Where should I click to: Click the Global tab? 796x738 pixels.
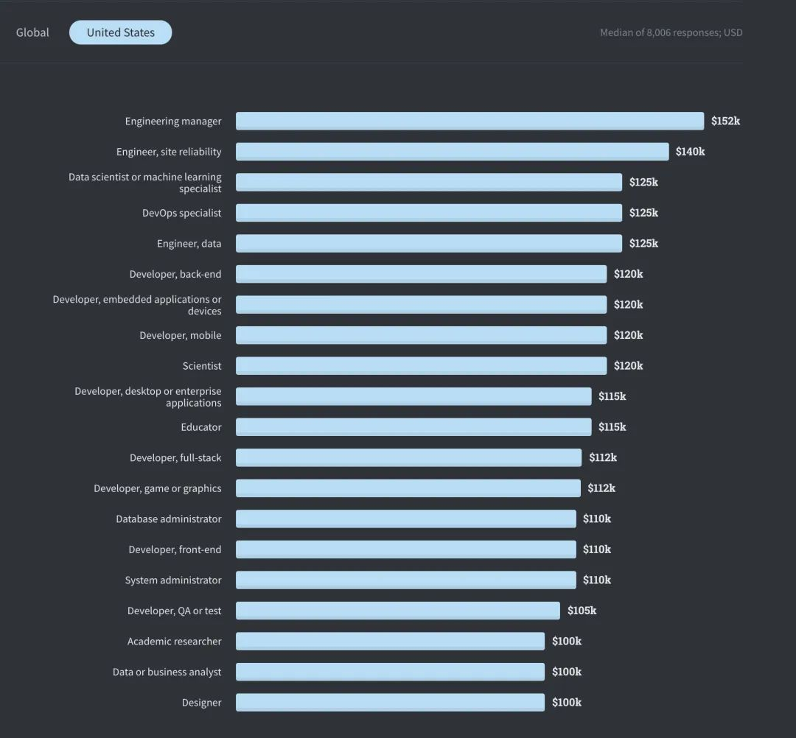tap(32, 32)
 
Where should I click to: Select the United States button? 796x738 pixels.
tap(120, 32)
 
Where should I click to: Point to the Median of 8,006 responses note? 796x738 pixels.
tap(671, 32)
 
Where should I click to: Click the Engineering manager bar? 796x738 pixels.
tap(469, 122)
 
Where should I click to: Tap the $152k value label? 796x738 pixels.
tap(725, 122)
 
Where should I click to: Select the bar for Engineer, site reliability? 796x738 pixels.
tap(453, 152)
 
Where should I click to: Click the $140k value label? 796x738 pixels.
tap(690, 152)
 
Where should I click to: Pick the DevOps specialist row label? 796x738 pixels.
tap(182, 213)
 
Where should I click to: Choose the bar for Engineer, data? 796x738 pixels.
tap(429, 244)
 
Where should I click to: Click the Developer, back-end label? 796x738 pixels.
tap(175, 275)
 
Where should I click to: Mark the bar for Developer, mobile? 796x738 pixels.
tap(422, 335)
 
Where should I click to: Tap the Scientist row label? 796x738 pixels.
tap(202, 366)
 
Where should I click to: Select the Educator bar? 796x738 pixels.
tap(413, 427)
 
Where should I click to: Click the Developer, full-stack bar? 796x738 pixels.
tap(408, 457)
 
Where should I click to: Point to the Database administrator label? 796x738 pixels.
tap(169, 519)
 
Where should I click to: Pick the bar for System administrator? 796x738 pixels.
tap(406, 580)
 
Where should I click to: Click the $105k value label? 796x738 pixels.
tap(582, 611)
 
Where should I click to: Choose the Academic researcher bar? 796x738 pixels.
tap(391, 641)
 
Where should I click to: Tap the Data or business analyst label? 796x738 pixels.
tap(167, 672)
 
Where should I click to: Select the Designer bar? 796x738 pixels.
tap(391, 703)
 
